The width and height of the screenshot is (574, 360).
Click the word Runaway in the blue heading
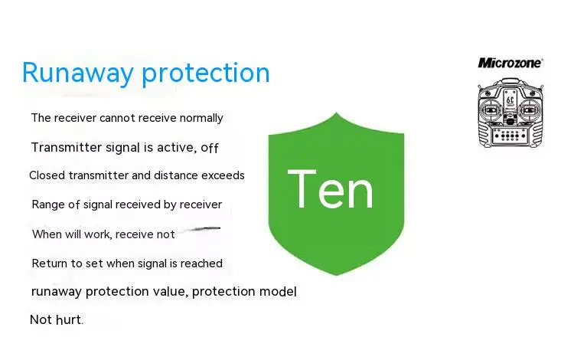point(77,73)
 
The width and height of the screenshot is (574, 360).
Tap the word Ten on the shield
point(331,189)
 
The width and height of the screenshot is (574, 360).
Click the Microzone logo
point(510,63)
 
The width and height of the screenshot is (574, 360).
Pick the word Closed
point(47,175)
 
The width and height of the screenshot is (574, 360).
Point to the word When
point(47,234)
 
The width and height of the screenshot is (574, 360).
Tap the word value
point(170,292)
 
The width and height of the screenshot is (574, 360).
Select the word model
point(278,292)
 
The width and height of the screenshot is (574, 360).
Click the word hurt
point(69,319)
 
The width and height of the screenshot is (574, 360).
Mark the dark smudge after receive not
point(202,229)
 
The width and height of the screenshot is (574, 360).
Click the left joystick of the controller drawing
point(491,110)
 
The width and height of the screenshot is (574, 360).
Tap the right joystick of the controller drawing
point(529,110)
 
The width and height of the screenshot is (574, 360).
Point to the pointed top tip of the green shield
point(337,113)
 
